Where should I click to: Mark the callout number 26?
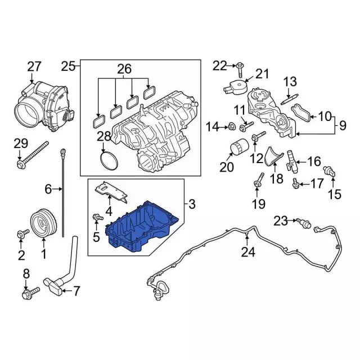pos(124,69)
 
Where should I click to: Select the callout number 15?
pos(334,194)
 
